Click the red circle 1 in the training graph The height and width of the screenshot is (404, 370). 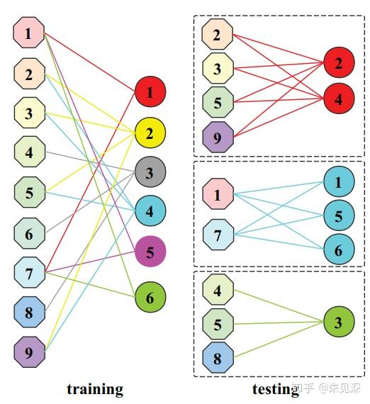[x=150, y=92]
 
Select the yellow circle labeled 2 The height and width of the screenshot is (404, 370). [x=150, y=132]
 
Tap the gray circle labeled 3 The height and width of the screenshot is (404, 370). [x=150, y=172]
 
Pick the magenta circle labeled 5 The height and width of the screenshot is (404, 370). [x=150, y=252]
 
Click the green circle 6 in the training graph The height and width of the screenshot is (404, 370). [x=150, y=298]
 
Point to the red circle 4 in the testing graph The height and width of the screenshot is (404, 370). [x=339, y=99]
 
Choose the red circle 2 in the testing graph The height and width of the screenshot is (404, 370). [x=339, y=63]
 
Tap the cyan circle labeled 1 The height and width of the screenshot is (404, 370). [x=339, y=183]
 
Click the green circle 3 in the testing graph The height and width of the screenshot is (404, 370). [x=339, y=322]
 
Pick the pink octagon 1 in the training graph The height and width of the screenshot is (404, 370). [x=29, y=33]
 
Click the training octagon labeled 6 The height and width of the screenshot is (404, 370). [x=29, y=232]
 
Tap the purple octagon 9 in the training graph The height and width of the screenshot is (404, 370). [x=29, y=351]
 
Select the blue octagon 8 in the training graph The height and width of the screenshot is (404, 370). [x=29, y=311]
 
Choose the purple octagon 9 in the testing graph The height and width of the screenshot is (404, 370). [x=218, y=136]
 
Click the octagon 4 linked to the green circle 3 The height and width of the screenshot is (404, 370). [x=218, y=290]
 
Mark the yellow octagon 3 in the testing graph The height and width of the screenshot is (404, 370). [x=218, y=68]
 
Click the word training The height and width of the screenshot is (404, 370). [x=95, y=389]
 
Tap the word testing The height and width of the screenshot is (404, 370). [x=275, y=389]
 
